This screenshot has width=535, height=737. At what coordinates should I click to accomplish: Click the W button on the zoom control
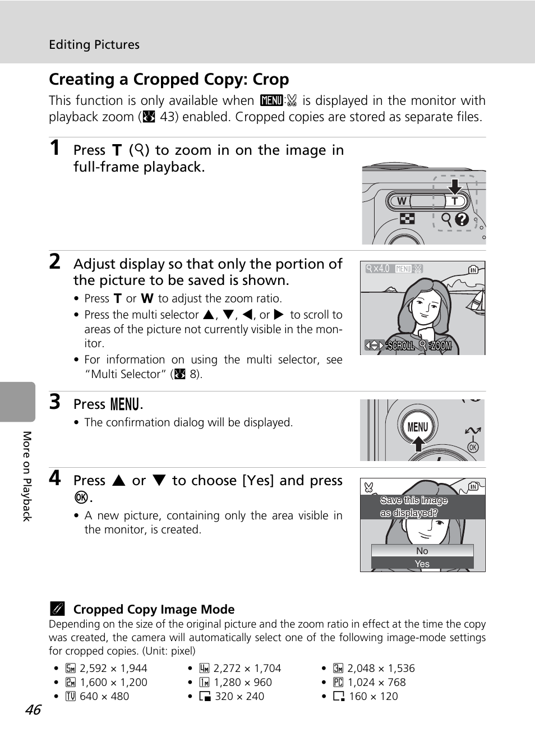click(x=402, y=201)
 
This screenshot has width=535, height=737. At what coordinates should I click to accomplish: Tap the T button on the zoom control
click(x=455, y=201)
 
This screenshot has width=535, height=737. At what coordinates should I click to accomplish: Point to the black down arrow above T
click(x=455, y=186)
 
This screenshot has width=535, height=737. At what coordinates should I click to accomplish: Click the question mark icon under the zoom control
click(x=462, y=219)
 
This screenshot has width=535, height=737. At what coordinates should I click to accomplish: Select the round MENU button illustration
click(x=418, y=427)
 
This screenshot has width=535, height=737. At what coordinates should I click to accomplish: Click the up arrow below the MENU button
click(x=418, y=443)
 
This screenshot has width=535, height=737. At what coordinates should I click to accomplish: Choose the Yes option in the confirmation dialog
click(x=422, y=564)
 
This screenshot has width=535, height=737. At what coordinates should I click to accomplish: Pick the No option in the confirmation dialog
click(x=422, y=551)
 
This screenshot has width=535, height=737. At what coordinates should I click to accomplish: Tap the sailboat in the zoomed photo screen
click(x=476, y=301)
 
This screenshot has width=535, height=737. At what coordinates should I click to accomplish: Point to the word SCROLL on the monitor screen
click(x=400, y=346)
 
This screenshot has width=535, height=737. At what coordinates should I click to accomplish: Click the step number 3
click(x=55, y=402)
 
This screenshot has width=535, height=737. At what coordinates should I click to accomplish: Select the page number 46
click(x=33, y=710)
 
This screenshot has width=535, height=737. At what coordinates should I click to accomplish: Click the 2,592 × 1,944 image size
click(x=113, y=668)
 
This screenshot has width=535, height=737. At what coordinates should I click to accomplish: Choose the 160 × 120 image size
click(x=373, y=696)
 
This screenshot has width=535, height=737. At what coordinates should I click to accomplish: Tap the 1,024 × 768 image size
click(x=377, y=683)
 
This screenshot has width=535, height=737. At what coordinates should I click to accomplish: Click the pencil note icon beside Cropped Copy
click(x=57, y=609)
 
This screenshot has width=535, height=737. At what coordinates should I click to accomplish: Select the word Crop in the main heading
click(x=271, y=80)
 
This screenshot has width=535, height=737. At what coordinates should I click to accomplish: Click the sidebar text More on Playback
click(x=27, y=476)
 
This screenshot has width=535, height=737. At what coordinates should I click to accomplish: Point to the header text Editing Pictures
click(x=94, y=44)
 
